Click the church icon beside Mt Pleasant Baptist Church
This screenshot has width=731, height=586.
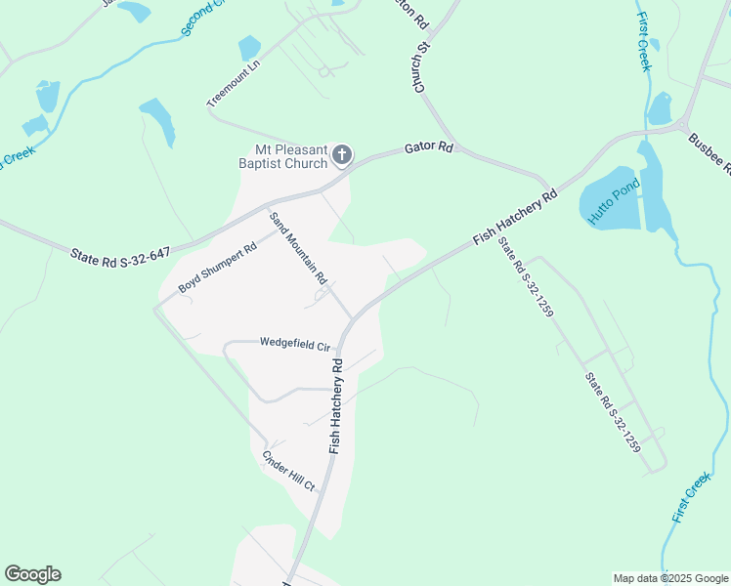[342, 155]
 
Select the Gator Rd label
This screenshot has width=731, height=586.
[430, 148]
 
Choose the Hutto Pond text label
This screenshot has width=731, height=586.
[613, 203]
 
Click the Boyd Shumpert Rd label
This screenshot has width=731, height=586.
[217, 268]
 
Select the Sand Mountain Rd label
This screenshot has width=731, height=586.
[298, 250]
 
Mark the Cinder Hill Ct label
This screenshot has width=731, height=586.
[288, 472]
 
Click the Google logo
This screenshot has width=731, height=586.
[32, 574]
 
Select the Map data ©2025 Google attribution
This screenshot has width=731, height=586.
[670, 578]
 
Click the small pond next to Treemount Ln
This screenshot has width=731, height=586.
[250, 47]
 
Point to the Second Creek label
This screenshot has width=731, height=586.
[201, 19]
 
